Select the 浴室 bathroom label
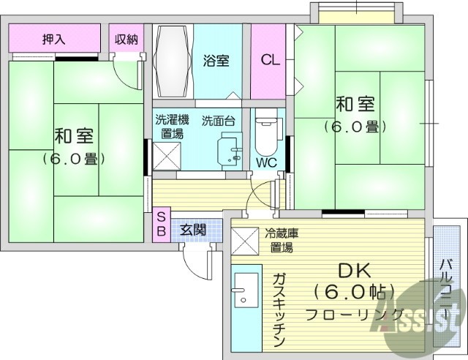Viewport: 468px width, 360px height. [x=216, y=61]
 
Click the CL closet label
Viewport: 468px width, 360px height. [x=271, y=61]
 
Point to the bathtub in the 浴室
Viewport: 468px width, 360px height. [x=173, y=61]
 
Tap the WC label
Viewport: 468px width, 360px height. [x=266, y=162]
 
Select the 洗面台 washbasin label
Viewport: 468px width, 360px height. [x=218, y=120]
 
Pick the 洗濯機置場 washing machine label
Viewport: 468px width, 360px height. [x=172, y=126]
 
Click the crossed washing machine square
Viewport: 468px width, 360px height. [x=168, y=155]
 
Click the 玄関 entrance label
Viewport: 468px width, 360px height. [x=194, y=229]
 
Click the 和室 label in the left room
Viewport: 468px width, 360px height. [x=73, y=137]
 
